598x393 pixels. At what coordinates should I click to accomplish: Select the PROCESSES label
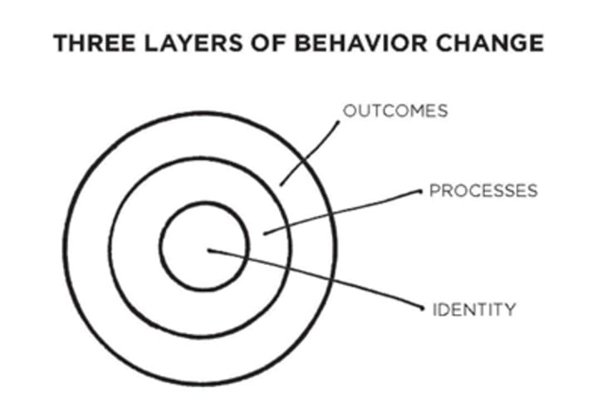click(483, 191)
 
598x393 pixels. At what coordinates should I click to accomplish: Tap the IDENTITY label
click(474, 310)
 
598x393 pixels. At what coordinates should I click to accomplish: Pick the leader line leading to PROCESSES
click(341, 212)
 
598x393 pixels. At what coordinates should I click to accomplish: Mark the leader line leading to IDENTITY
click(316, 279)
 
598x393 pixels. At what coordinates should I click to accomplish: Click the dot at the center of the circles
click(208, 249)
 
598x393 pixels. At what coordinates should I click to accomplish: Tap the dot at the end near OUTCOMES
click(338, 121)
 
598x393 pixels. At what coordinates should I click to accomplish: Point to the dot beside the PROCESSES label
click(420, 191)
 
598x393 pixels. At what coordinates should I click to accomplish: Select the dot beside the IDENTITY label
click(421, 308)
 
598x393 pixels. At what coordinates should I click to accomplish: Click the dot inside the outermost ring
click(281, 184)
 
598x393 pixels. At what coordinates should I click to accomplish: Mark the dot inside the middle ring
click(264, 233)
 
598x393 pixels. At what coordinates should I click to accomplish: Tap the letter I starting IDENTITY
click(435, 310)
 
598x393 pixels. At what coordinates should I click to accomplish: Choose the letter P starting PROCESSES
click(434, 191)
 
